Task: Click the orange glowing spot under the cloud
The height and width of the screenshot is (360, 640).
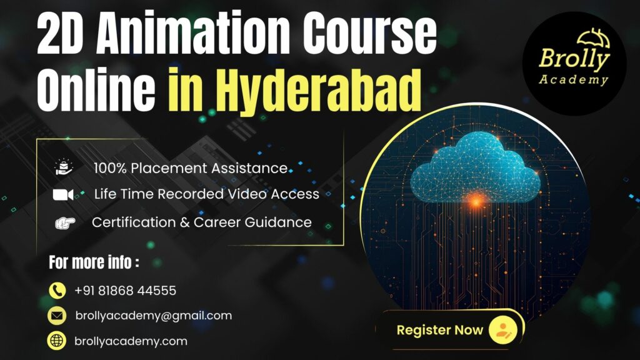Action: pyautogui.click(x=476, y=201)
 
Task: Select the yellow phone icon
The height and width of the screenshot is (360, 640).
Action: pyautogui.click(x=57, y=291)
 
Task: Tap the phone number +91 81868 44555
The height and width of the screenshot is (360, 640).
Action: pyautogui.click(x=125, y=291)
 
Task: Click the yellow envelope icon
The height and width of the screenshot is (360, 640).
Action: pyautogui.click(x=57, y=316)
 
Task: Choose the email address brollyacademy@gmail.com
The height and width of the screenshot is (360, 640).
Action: pyautogui.click(x=153, y=316)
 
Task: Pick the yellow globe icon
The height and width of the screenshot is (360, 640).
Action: pyautogui.click(x=57, y=341)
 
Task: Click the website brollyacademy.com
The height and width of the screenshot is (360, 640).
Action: pyautogui.click(x=131, y=341)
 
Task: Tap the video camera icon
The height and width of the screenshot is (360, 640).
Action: pyautogui.click(x=64, y=195)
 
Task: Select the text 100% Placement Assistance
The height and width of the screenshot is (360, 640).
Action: pyautogui.click(x=191, y=168)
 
